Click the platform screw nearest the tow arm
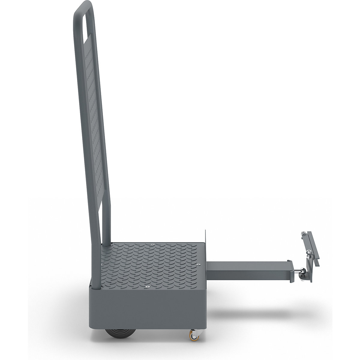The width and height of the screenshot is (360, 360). coord(198,264)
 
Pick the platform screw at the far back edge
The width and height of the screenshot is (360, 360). coord(153,245)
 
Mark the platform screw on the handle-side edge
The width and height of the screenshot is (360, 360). coord(102,264)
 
